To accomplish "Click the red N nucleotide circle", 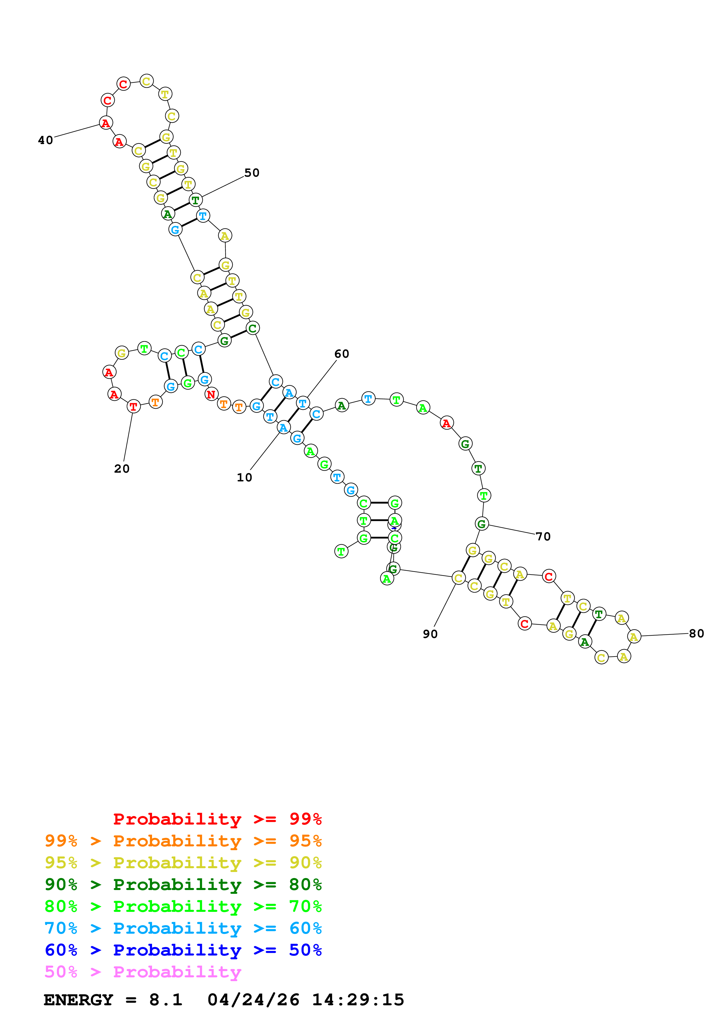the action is [211, 394].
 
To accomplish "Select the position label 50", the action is [252, 173].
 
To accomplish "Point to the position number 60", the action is [342, 354].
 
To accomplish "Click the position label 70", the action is [543, 537].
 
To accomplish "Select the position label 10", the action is [244, 478].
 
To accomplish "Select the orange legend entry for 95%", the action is [183, 841].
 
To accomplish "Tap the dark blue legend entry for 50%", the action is [183, 950].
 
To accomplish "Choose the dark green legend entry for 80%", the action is [183, 884].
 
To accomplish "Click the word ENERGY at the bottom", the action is [78, 1000].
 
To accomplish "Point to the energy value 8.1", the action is [165, 1000].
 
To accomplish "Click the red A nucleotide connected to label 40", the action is [105, 123].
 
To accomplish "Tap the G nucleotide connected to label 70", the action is [482, 524].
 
